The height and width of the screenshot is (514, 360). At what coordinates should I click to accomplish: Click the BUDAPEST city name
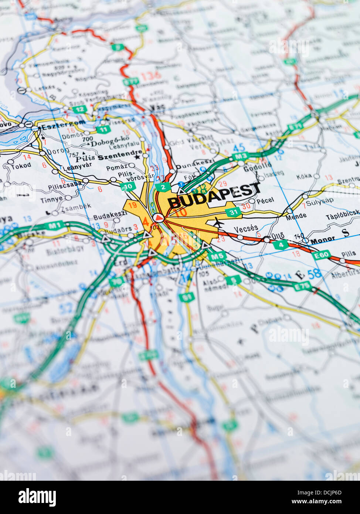[214, 196]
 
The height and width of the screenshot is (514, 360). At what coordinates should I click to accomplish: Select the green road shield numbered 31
[233, 212]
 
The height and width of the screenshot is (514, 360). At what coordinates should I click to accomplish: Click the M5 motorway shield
[217, 256]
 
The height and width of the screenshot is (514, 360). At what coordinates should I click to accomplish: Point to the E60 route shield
[320, 255]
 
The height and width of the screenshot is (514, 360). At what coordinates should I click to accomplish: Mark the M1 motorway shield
[53, 226]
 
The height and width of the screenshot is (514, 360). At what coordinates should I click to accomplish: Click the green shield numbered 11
[104, 129]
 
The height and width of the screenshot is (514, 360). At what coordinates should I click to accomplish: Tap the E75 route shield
[302, 286]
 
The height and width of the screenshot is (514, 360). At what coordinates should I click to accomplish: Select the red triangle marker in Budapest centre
[159, 218]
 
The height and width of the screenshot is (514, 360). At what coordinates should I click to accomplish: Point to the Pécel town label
[265, 200]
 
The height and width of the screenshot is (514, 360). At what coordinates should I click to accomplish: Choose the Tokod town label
[21, 166]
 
